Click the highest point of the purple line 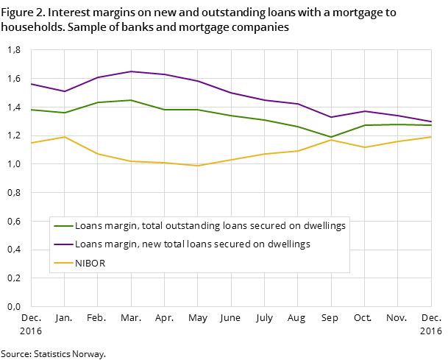pos(131,71)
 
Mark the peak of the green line pos(131,100)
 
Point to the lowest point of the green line pos(331,137)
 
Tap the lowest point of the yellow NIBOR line pos(197,166)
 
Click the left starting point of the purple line pos(32,84)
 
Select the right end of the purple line pos(431,121)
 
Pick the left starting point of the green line pos(32,110)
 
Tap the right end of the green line pos(431,125)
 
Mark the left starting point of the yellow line pos(32,143)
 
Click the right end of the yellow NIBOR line pos(431,137)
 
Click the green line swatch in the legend pos(63,226)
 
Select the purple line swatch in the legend pos(63,244)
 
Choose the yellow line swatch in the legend pos(63,263)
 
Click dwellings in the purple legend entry pos(288,244)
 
